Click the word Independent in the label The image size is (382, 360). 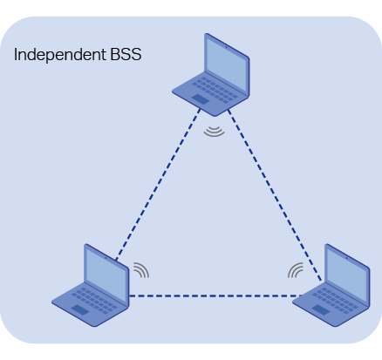point(60,55)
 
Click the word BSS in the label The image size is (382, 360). point(126,54)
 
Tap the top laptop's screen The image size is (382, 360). point(227,65)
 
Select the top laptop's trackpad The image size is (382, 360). point(201,98)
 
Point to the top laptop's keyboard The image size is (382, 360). point(215,89)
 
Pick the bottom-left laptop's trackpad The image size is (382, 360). point(80,309)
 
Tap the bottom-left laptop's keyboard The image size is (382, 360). point(94,300)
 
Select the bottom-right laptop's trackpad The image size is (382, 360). point(321,309)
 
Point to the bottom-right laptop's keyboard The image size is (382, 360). point(335,300)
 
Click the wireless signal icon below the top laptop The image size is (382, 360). point(215,132)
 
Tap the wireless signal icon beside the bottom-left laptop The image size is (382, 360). point(141,270)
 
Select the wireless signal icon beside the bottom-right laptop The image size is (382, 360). point(296,270)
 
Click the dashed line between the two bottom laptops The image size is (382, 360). point(215,296)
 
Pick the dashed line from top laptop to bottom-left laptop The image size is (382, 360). point(158,185)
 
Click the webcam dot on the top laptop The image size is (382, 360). point(227,47)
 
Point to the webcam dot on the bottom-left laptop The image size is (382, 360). point(106,257)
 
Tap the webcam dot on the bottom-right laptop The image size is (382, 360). point(347,257)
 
